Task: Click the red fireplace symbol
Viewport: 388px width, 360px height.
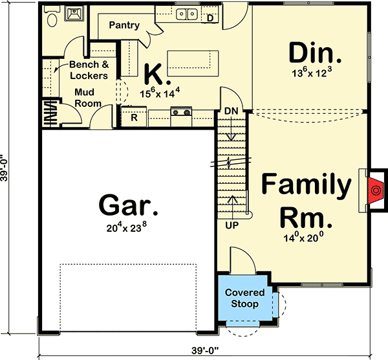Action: click(x=374, y=189)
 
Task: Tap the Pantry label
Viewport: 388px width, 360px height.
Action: click(x=124, y=25)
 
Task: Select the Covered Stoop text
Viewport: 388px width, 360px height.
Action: click(x=241, y=298)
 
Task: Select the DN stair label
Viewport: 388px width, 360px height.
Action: click(x=232, y=111)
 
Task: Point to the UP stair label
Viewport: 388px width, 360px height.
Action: click(x=232, y=226)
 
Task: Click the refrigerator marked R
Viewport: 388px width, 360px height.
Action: click(x=134, y=117)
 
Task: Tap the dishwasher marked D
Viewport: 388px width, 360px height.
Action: click(x=210, y=17)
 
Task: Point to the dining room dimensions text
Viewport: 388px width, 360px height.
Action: click(x=316, y=74)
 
